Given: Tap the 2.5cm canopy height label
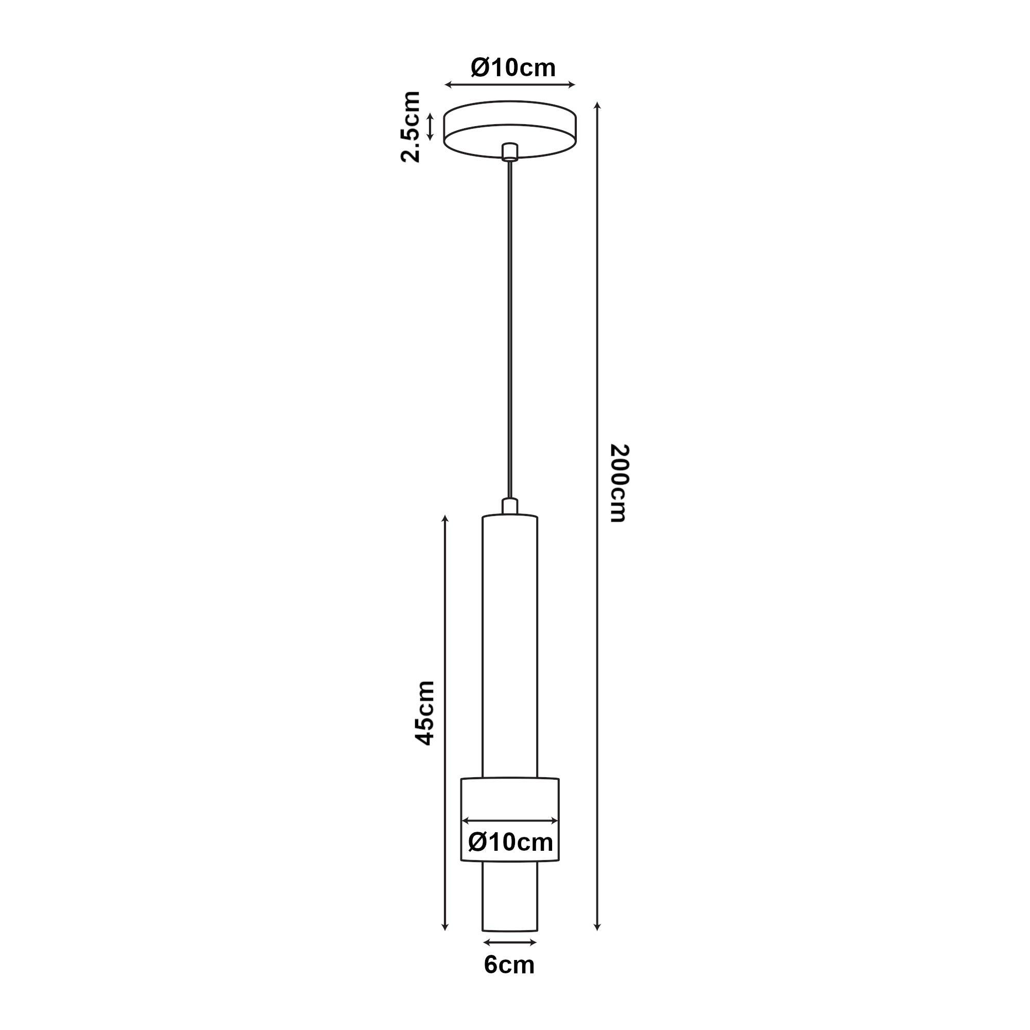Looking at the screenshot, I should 411,127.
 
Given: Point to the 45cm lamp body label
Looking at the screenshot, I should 425,712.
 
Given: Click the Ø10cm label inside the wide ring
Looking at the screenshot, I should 510,843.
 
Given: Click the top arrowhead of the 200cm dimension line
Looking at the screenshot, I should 597,105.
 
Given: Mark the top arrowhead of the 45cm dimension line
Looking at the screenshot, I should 445,518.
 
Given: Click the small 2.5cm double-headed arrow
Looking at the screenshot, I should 430,127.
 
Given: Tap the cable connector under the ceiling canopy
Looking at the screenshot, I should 510,151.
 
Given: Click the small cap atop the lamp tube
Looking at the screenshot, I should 510,506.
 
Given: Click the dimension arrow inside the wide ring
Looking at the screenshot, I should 510,820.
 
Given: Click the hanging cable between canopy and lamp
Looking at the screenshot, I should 510,331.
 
